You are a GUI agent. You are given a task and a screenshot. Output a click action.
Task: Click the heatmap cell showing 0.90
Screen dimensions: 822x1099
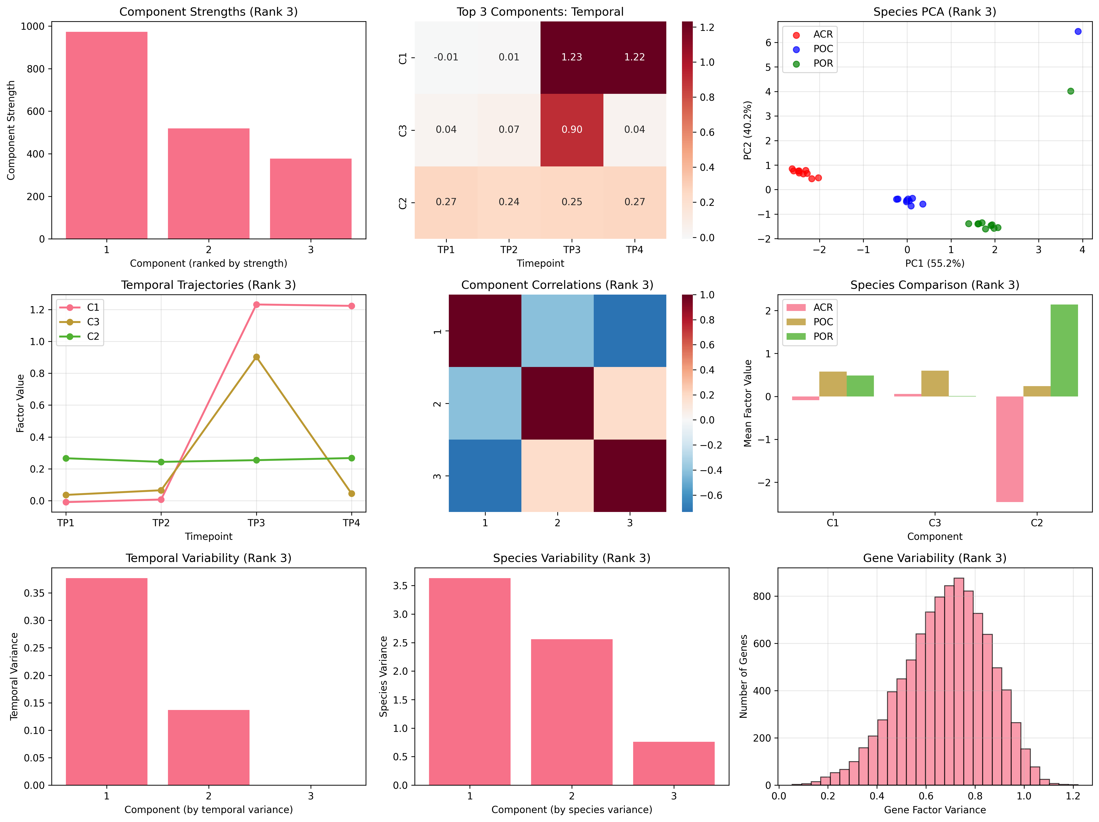(x=572, y=130)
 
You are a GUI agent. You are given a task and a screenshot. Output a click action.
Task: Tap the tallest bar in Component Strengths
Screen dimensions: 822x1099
(x=106, y=135)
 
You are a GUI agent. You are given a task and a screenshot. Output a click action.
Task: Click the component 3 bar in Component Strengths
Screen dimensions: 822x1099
(x=311, y=199)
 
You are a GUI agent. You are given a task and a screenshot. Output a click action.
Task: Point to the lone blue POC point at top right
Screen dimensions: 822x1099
(x=1078, y=31)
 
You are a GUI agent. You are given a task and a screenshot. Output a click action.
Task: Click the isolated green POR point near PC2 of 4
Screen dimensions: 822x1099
(x=1071, y=91)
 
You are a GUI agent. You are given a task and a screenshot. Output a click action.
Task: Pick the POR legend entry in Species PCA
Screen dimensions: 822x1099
(x=822, y=64)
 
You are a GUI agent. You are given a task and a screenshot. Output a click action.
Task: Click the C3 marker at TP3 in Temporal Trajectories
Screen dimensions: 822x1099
(x=256, y=357)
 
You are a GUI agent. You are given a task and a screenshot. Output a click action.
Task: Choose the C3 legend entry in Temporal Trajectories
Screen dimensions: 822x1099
(x=92, y=322)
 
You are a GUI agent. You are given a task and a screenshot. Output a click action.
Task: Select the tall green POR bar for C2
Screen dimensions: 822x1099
(x=1064, y=350)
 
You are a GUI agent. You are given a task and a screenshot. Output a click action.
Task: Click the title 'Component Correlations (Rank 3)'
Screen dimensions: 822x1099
(x=557, y=285)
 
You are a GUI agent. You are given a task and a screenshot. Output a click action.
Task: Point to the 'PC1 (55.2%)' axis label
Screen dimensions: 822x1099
(x=934, y=263)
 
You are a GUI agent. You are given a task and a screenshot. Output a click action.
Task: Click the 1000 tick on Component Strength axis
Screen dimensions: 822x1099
(x=32, y=26)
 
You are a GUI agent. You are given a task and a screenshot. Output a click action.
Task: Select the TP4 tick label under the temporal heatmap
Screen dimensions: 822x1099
(x=635, y=249)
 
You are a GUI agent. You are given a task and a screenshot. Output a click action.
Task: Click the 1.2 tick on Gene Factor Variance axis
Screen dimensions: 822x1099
(x=1073, y=796)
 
